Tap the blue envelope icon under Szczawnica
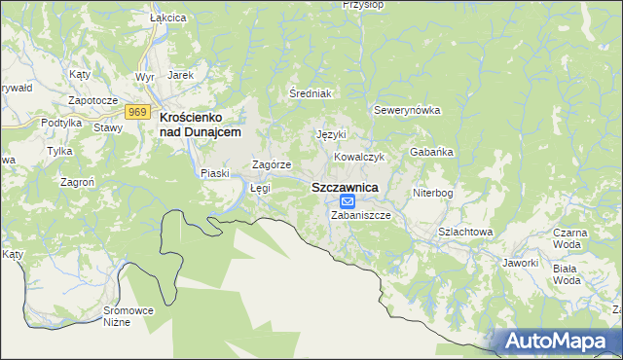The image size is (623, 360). (348, 201)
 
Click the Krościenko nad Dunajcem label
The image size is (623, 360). (199, 124)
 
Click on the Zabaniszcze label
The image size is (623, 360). (360, 215)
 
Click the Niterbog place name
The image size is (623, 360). (433, 193)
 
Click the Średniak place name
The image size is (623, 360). (311, 93)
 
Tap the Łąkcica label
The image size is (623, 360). (140, 18)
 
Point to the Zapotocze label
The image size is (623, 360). (92, 100)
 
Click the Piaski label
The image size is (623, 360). (214, 173)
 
